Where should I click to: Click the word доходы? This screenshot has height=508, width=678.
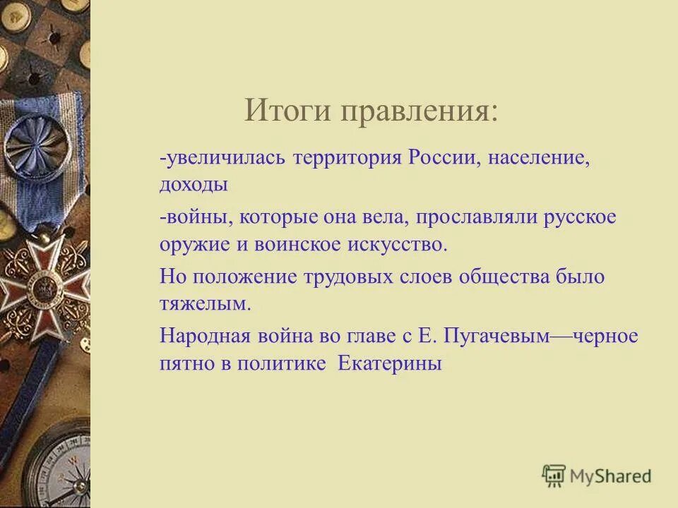coord(194,185)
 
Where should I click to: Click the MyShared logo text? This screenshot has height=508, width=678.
coord(611,476)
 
